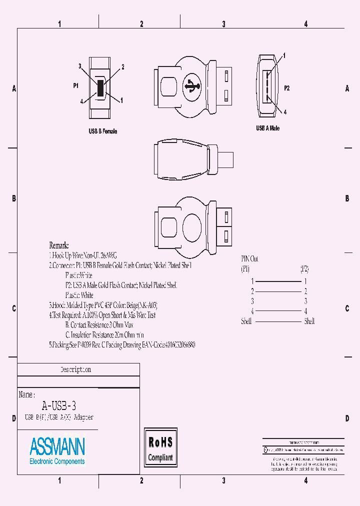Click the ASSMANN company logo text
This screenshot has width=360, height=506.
(x=57, y=446)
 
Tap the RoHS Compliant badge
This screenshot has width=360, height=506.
(x=160, y=449)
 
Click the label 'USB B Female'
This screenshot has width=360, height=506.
(x=102, y=131)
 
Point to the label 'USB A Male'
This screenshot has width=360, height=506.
(x=268, y=128)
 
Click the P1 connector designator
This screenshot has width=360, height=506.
(x=76, y=86)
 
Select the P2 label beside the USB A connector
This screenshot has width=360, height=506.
(x=287, y=88)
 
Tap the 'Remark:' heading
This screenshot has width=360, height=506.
(x=59, y=245)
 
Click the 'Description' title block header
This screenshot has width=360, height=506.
(x=76, y=370)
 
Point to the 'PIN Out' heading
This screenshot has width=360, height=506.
(x=250, y=259)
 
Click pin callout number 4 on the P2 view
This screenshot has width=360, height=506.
(x=285, y=112)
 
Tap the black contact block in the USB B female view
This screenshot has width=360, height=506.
(x=100, y=88)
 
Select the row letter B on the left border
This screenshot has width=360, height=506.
(x=14, y=198)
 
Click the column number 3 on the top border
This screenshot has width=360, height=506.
(x=223, y=24)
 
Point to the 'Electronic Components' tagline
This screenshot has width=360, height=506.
(x=57, y=461)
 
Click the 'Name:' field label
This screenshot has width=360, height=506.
(x=26, y=394)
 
